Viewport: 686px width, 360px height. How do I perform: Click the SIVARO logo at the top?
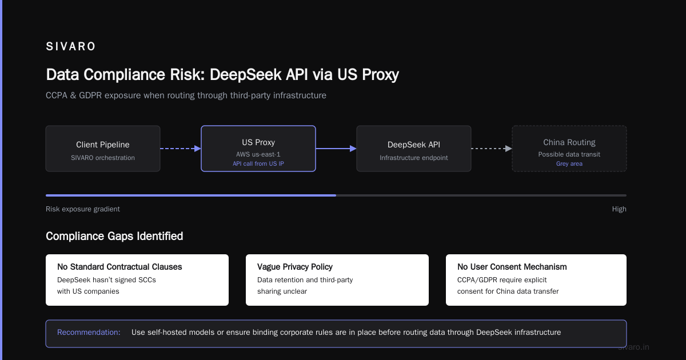point(70,46)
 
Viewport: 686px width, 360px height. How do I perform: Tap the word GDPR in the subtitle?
point(90,95)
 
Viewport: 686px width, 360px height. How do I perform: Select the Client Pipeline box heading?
point(102,145)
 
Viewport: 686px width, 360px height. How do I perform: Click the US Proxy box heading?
point(258,143)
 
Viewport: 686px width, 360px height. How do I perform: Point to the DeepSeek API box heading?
point(413,145)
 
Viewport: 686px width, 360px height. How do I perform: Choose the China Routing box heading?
point(569,143)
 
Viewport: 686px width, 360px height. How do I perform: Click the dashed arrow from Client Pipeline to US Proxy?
point(181,149)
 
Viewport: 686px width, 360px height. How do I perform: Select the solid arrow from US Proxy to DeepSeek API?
point(336,149)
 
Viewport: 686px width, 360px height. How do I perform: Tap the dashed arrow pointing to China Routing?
point(492,149)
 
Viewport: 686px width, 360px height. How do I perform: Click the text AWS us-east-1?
point(258,154)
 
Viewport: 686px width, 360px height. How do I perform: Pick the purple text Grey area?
point(569,164)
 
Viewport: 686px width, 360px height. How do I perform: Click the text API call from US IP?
point(258,164)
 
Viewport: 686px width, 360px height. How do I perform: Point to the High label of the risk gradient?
point(619,209)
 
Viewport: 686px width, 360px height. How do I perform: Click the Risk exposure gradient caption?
point(83,209)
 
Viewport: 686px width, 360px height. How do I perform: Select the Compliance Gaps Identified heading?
point(114,237)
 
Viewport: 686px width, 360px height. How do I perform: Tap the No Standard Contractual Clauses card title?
point(119,267)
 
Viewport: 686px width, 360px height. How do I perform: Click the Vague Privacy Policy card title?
point(294,267)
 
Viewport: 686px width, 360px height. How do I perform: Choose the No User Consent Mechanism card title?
point(512,267)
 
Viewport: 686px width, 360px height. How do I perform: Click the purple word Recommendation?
point(89,333)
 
